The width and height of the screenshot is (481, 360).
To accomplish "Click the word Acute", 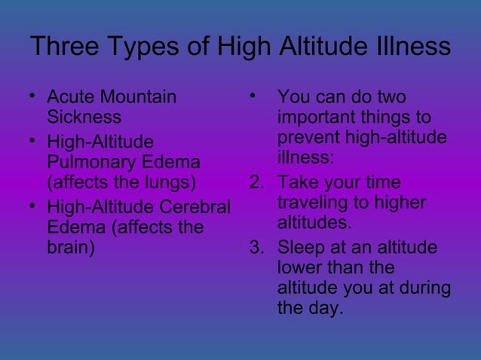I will (70, 97).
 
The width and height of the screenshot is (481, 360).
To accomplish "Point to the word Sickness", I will (84, 117).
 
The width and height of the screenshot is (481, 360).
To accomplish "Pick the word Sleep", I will (300, 248).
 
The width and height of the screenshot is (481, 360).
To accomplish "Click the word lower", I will (297, 268).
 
